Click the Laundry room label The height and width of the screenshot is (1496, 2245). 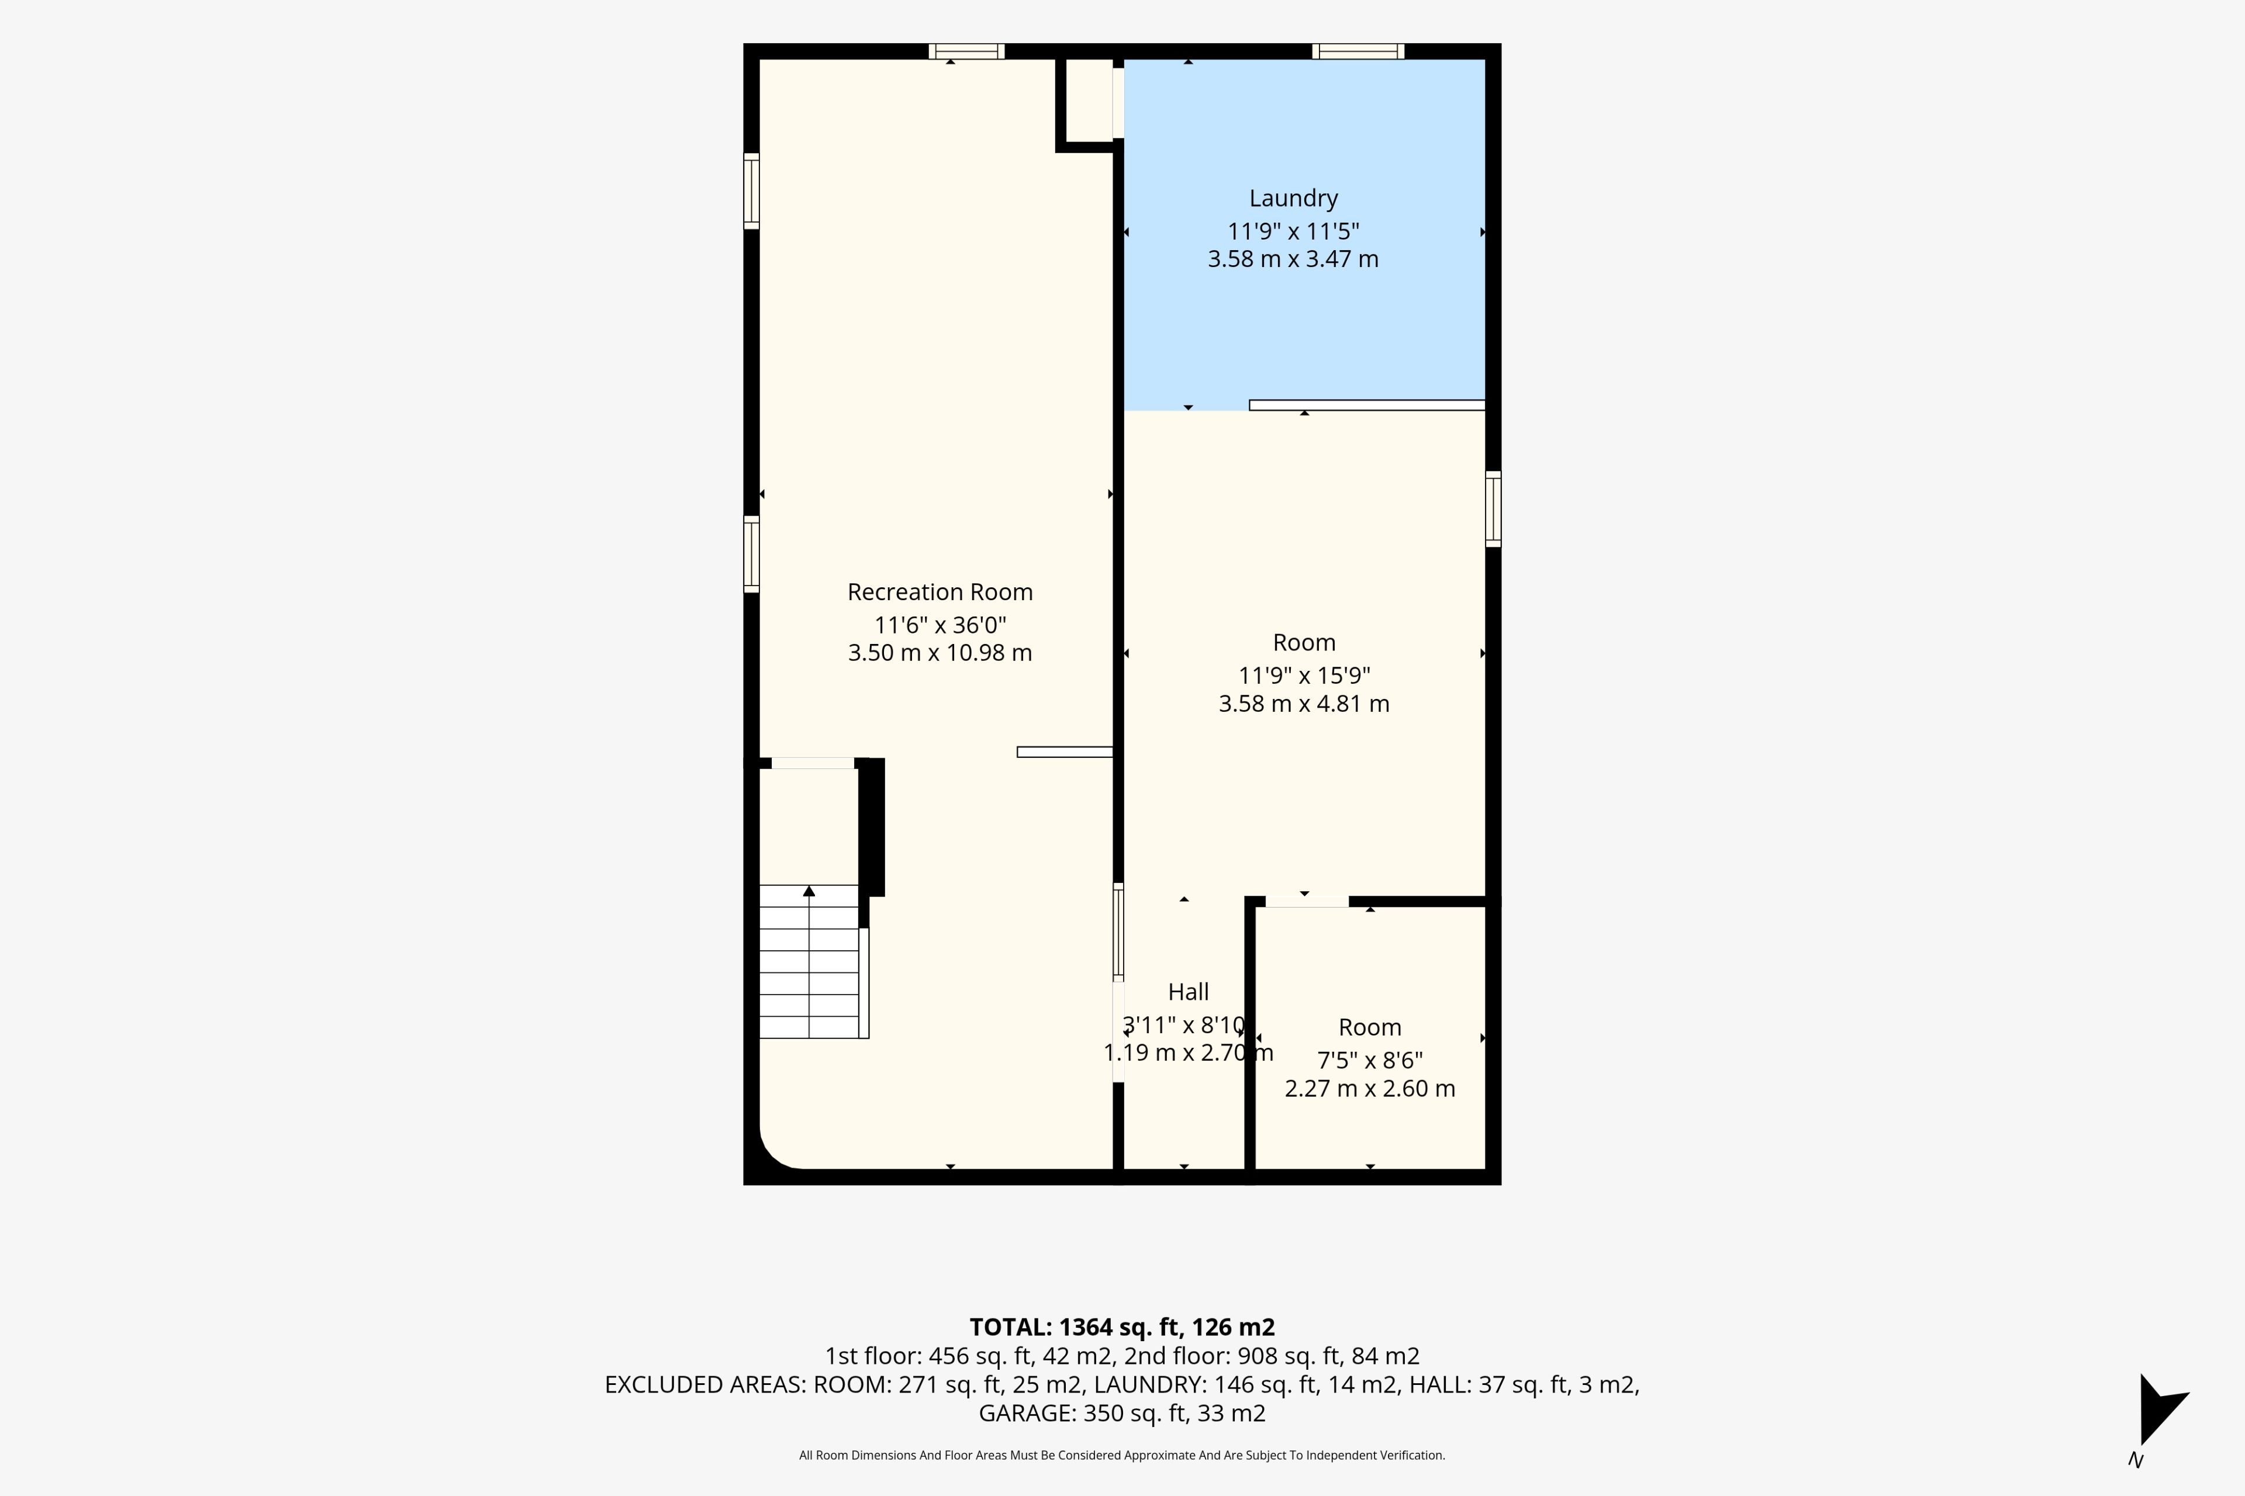pyautogui.click(x=1293, y=199)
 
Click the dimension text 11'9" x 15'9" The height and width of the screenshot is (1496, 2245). pyautogui.click(x=1304, y=676)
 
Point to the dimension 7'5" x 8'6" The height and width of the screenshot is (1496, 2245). pyautogui.click(x=1370, y=1060)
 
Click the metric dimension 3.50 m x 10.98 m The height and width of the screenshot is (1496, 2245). pyautogui.click(x=940, y=653)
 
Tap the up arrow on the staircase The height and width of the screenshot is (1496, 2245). pyautogui.click(x=809, y=891)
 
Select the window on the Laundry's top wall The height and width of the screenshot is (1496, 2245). pyautogui.click(x=1358, y=51)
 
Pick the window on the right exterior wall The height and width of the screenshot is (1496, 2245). pyautogui.click(x=1493, y=508)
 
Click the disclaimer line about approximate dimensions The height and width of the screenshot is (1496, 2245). pyautogui.click(x=1122, y=1455)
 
